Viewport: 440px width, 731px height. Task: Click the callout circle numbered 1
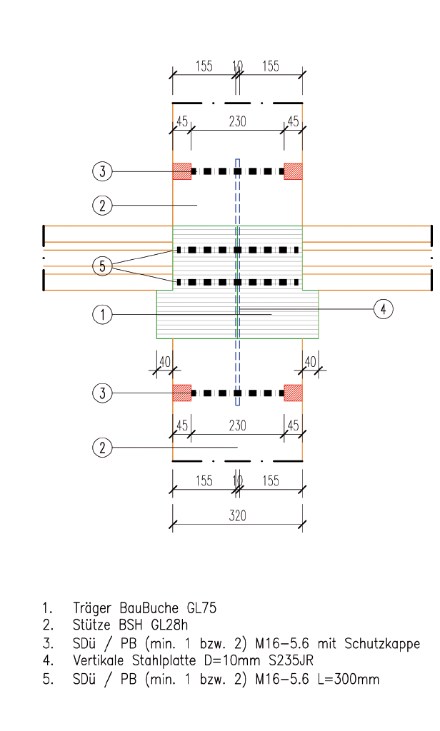pos(103,315)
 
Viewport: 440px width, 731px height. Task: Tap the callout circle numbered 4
pos(383,309)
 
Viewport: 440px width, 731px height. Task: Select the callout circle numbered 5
pos(103,266)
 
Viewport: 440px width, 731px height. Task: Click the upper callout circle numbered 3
pos(103,171)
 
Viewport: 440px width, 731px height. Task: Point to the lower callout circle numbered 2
pos(103,448)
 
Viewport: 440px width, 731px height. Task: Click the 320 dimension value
pos(237,515)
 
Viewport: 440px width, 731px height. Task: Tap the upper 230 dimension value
pos(237,121)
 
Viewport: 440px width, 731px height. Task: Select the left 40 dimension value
pos(165,362)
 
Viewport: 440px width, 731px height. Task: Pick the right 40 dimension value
pos(310,362)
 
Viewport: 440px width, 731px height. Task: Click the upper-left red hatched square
pos(182,171)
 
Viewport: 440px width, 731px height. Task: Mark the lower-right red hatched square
pos(293,393)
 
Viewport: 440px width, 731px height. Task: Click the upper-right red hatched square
pos(293,171)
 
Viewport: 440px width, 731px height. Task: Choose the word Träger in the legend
pos(92,608)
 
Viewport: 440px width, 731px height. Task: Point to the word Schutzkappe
pos(382,645)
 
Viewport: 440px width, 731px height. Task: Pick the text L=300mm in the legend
pos(349,680)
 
